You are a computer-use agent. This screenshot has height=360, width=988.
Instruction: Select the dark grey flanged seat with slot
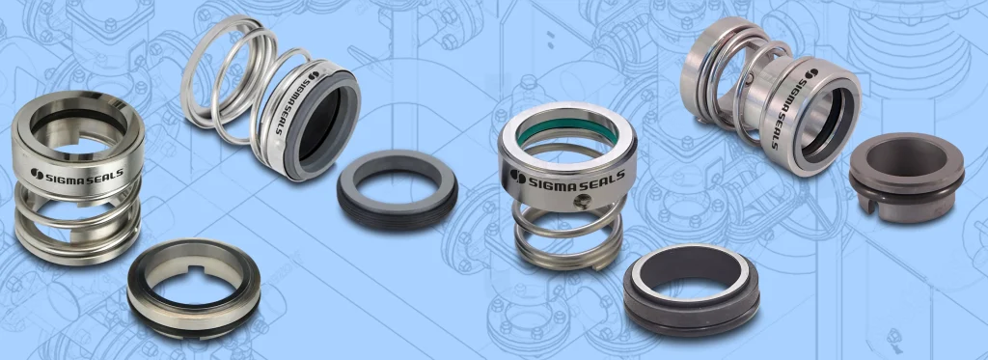pyautogui.click(x=906, y=178)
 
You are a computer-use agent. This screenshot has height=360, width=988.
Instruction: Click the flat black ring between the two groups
pyautogui.click(x=397, y=189)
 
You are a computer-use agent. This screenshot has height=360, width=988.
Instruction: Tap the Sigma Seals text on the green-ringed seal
pyautogui.click(x=567, y=179)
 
